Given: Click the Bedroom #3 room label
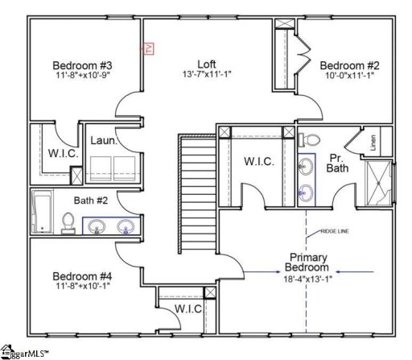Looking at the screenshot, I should (82, 65).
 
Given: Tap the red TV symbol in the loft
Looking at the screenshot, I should (147, 49).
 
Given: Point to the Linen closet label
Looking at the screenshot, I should (373, 143).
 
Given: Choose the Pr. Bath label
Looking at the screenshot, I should (338, 163).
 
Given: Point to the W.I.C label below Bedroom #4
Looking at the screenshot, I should (188, 310).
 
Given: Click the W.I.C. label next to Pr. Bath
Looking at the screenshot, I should (259, 161).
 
